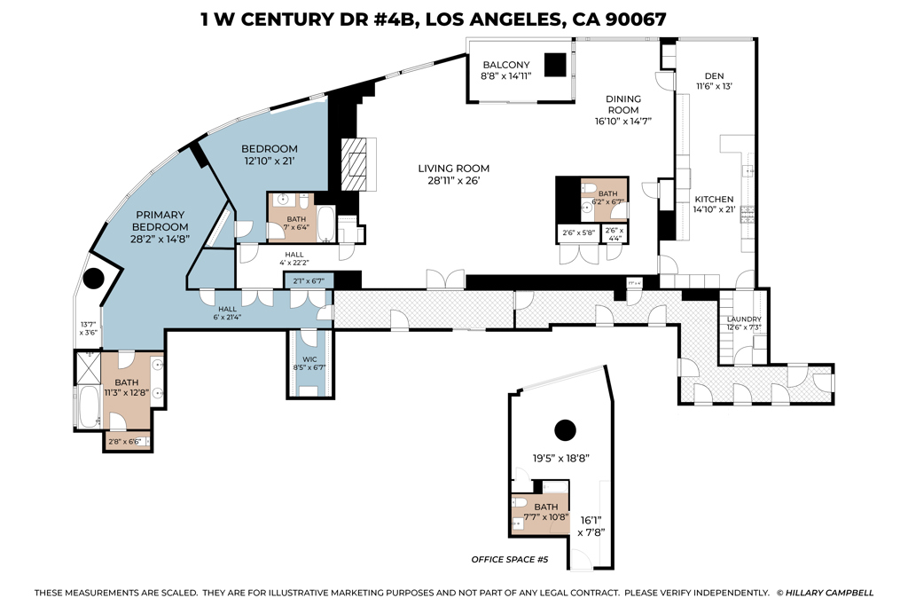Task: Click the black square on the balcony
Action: (555, 66)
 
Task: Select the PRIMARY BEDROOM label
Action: (161, 220)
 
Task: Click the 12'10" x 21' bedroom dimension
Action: (271, 161)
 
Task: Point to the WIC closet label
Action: (309, 360)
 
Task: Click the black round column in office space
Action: (564, 431)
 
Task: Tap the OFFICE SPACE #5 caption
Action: (511, 560)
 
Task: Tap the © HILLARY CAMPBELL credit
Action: (825, 592)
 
